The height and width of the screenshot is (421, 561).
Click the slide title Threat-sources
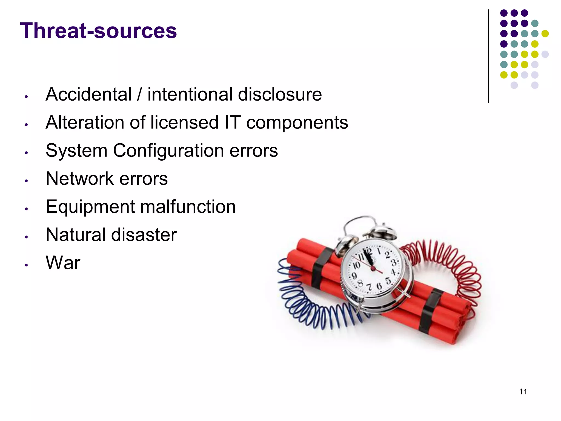point(98,31)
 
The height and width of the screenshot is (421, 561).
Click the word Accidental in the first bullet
point(89,94)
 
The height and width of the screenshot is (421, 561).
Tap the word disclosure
point(280,94)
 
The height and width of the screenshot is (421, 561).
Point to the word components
point(297,123)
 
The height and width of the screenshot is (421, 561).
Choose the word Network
point(80,179)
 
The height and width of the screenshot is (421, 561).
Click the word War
point(63,263)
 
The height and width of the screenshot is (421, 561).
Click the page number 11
point(523,392)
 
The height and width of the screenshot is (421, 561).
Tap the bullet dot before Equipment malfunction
point(26,209)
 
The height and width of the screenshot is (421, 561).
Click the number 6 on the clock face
point(379,286)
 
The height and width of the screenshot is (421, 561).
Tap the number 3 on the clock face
point(394,263)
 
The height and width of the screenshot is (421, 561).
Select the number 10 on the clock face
point(356,265)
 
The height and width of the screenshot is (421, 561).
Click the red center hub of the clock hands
point(373,268)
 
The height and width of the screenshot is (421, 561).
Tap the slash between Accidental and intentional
point(140,94)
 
